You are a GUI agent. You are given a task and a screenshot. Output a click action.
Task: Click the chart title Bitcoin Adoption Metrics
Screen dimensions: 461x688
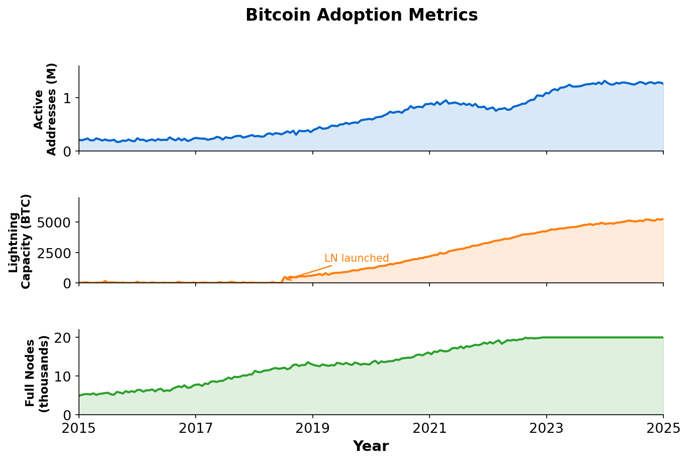pos(362,15)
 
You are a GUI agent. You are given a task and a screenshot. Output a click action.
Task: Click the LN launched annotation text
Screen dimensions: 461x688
pos(357,258)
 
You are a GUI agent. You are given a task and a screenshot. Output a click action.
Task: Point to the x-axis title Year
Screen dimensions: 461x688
pos(371,446)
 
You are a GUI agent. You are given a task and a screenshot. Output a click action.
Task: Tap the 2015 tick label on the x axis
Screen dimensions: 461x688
pos(79,428)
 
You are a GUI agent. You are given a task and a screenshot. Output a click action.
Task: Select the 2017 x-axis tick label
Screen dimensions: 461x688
pos(196,428)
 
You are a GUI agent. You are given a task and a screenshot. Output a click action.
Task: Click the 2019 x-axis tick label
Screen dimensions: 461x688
pos(313,428)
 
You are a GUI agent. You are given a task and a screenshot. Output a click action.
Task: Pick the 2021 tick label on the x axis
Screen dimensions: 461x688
pos(429,428)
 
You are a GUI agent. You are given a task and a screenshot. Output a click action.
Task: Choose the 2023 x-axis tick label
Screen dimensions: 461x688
pos(547,428)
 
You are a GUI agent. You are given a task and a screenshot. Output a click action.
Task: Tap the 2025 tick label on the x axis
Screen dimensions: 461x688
pos(663,428)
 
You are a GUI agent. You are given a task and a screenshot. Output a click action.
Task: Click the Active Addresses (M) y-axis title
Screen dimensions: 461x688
pos(45,109)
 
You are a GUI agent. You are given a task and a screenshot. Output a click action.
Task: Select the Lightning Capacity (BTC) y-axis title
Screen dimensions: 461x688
pos(20,241)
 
